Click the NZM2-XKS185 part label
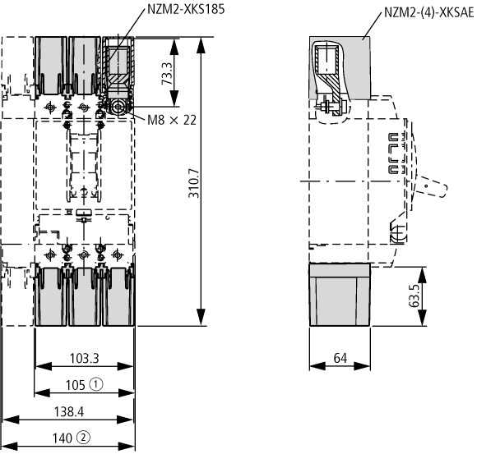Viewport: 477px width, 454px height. tap(186, 9)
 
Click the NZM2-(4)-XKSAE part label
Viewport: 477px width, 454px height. tap(429, 12)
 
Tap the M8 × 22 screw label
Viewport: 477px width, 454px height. tap(172, 120)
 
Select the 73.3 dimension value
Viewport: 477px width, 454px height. tap(167, 74)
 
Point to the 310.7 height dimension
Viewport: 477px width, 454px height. tap(194, 183)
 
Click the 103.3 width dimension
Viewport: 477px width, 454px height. tap(84, 358)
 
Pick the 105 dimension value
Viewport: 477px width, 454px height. tap(76, 385)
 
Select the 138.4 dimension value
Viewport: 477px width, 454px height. tap(69, 412)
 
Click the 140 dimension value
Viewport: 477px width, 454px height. tap(63, 438)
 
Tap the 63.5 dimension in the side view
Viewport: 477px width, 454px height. tap(414, 296)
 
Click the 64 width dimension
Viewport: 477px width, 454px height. tap(340, 358)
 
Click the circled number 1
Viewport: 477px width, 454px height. tap(96, 385)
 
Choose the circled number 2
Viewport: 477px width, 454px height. tap(83, 438)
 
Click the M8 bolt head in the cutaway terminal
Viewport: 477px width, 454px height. tap(118, 108)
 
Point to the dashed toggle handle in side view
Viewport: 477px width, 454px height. tap(432, 186)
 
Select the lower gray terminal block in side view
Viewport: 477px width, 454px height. tap(340, 295)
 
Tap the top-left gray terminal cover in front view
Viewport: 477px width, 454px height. tap(51, 66)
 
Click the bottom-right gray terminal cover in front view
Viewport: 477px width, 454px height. tap(118, 296)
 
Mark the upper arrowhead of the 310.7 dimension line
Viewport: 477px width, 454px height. tap(201, 45)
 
